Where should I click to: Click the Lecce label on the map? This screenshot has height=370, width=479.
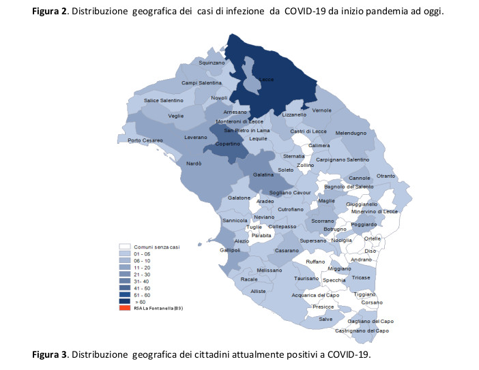point(267,80)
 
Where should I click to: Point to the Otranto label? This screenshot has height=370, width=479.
point(386,176)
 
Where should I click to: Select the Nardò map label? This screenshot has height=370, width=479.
point(193,164)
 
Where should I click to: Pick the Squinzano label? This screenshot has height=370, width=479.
point(211,63)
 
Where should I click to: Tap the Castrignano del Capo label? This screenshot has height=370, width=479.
point(362,330)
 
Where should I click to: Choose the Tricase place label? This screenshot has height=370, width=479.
point(361,278)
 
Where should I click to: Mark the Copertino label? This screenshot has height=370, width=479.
point(227,144)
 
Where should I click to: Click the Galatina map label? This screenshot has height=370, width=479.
point(263,175)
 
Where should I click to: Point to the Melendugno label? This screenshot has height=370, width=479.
point(351,134)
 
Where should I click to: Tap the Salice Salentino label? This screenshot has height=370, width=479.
point(164,100)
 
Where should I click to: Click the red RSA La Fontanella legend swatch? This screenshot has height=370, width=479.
point(124,308)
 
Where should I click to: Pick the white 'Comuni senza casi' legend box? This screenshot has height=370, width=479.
point(124,246)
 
